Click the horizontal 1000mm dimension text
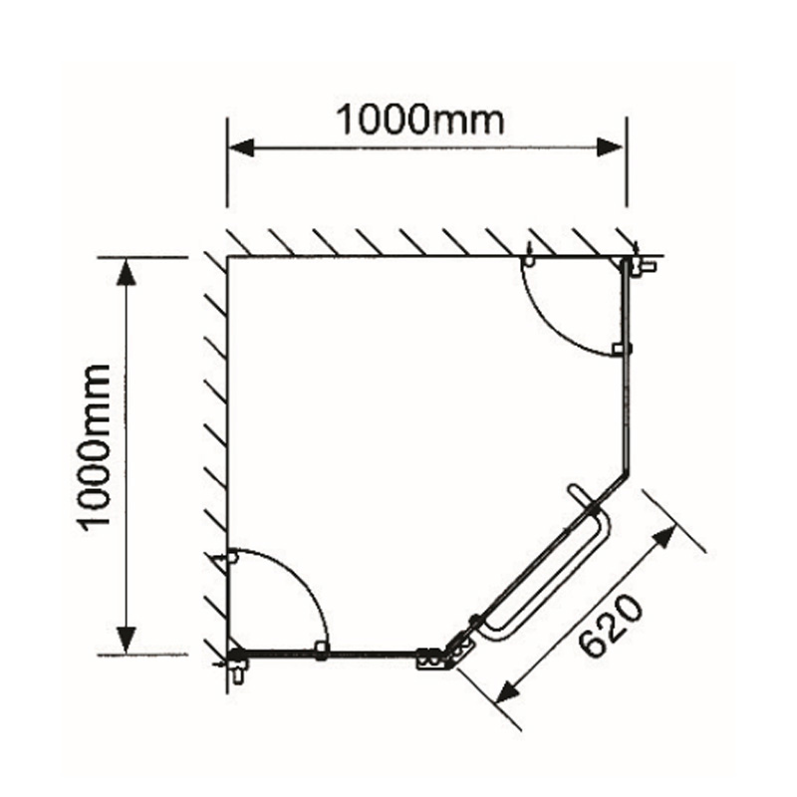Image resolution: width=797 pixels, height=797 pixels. click(419, 120)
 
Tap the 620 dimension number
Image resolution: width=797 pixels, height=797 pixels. click(610, 629)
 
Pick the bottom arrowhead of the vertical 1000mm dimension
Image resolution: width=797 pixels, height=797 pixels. click(126, 642)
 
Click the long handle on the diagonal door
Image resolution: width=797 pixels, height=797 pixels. click(548, 578)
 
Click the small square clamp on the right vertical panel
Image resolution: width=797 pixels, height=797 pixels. click(620, 349)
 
